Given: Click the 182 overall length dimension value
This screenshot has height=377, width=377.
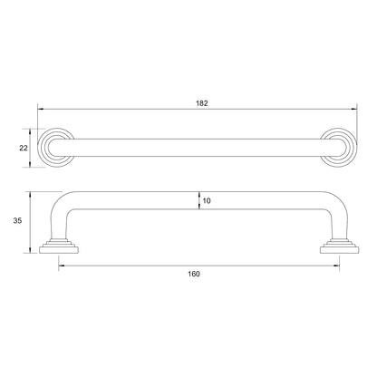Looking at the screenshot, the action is click(202, 103).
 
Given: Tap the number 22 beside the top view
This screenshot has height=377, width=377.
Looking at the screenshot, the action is click(24, 148).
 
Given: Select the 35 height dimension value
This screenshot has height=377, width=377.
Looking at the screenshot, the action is click(17, 221).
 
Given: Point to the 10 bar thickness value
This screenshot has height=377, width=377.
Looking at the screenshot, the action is click(207, 201).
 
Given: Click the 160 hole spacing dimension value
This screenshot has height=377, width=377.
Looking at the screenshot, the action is click(194, 274).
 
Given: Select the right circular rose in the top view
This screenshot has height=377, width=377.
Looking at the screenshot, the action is click(356, 148).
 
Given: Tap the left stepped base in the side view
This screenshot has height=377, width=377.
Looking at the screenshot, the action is click(59, 246).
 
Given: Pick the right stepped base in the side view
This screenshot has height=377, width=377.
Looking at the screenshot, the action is click(340, 246).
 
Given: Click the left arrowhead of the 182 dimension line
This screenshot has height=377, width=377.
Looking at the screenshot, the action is click(41, 109).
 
